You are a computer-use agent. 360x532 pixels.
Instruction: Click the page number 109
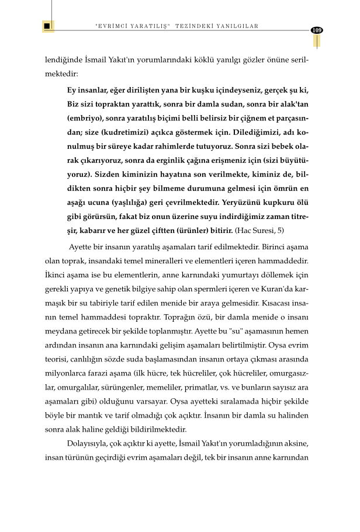coord(317,30)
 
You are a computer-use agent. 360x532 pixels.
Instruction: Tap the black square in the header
coord(47,26)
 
